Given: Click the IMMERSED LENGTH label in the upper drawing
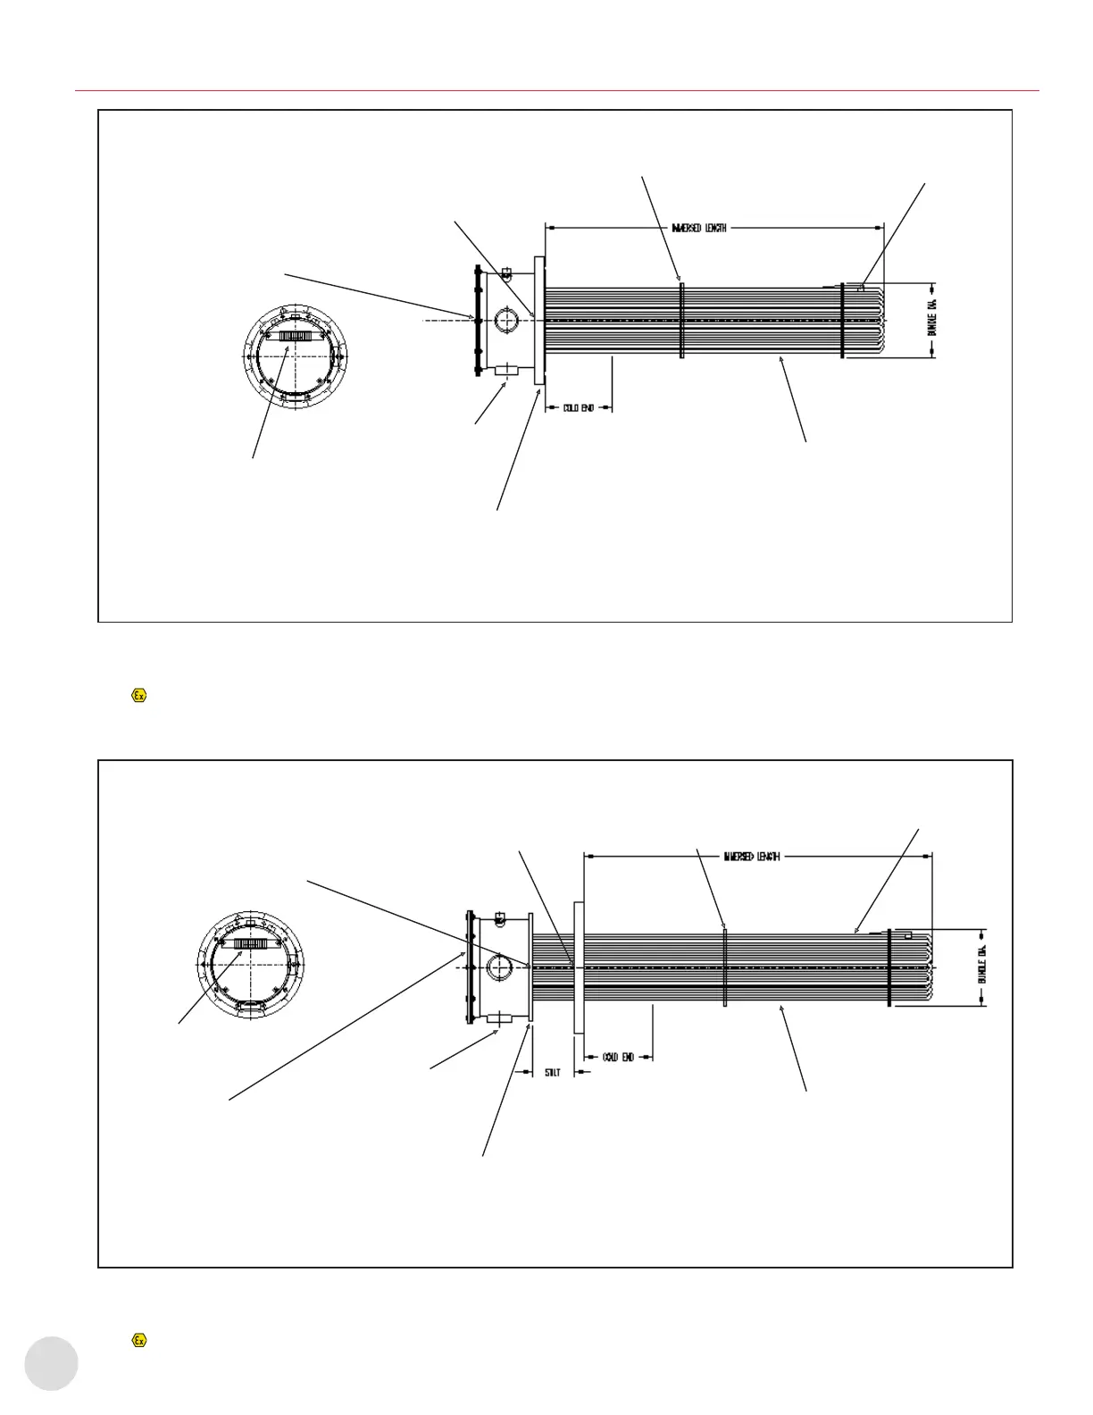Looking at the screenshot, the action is [x=699, y=228].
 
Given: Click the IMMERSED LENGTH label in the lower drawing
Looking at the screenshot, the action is [x=752, y=856].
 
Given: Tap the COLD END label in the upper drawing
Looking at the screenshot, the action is [x=579, y=408].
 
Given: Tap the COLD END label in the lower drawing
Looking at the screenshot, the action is [x=618, y=1057].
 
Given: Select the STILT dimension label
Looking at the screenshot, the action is [x=553, y=1072].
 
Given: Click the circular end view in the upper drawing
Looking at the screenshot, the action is [x=291, y=356].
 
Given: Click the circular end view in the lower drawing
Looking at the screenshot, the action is [x=249, y=965].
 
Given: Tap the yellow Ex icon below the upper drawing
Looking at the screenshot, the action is [x=138, y=695].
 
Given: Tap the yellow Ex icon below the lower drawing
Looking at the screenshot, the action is [x=138, y=1340].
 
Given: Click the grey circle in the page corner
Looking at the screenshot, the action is [x=51, y=1364].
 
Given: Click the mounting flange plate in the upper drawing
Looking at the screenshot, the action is [x=538, y=321].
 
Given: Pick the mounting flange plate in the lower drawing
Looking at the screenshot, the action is [x=579, y=967].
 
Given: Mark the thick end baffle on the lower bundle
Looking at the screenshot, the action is [x=889, y=967].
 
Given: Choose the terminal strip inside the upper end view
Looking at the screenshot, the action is [x=291, y=336].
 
